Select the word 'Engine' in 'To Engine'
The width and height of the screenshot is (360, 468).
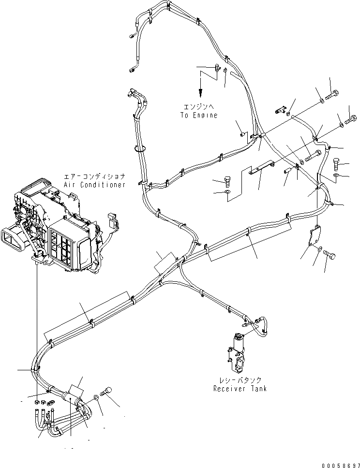click(206, 116)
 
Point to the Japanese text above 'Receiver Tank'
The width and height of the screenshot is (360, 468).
click(240, 380)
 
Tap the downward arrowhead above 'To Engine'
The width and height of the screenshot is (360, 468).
click(199, 94)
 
